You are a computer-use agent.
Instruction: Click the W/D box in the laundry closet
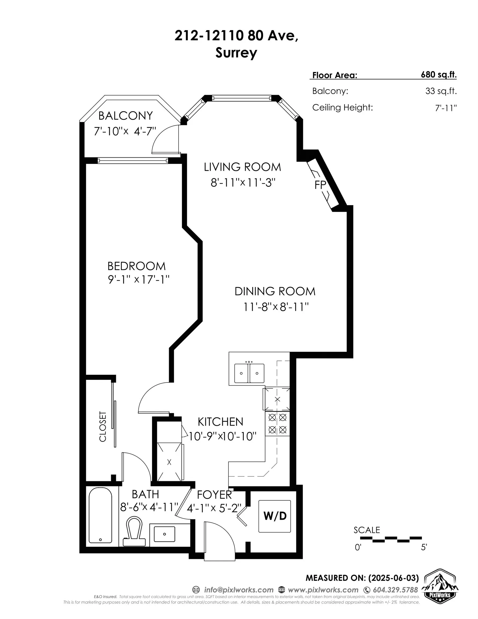click(274, 516)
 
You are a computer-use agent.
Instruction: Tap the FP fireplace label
click(320, 185)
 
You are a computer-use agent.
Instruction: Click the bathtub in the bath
click(100, 515)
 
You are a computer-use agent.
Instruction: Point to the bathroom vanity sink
click(164, 534)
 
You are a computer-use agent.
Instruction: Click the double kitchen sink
click(249, 373)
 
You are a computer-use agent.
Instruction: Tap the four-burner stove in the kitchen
click(277, 423)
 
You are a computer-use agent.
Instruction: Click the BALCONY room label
click(125, 116)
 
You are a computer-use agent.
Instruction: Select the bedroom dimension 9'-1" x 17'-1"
click(139, 279)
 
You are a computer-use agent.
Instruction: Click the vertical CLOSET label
click(103, 426)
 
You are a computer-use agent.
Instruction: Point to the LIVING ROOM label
click(242, 167)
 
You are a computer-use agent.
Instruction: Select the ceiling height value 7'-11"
click(446, 108)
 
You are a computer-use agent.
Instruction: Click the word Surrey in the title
click(236, 53)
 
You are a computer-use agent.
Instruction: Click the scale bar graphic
click(391, 539)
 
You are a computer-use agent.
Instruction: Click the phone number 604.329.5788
click(395, 590)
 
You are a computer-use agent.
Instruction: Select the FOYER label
click(214, 495)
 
